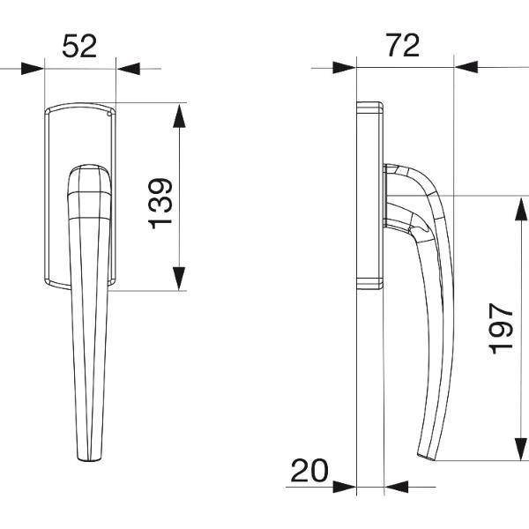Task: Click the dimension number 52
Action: pyautogui.click(x=79, y=46)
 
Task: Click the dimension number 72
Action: pyautogui.click(x=403, y=45)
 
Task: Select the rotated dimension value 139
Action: pyautogui.click(x=160, y=204)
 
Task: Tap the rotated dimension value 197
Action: pyautogui.click(x=501, y=329)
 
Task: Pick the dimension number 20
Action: pyautogui.click(x=309, y=471)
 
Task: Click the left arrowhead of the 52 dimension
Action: pyautogui.click(x=33, y=69)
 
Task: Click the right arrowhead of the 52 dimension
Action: pyautogui.click(x=128, y=69)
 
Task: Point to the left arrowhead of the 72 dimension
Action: pyautogui.click(x=345, y=68)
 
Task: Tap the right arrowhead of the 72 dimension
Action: pyautogui.click(x=466, y=67)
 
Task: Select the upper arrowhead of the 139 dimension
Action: pyautogui.click(x=179, y=115)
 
